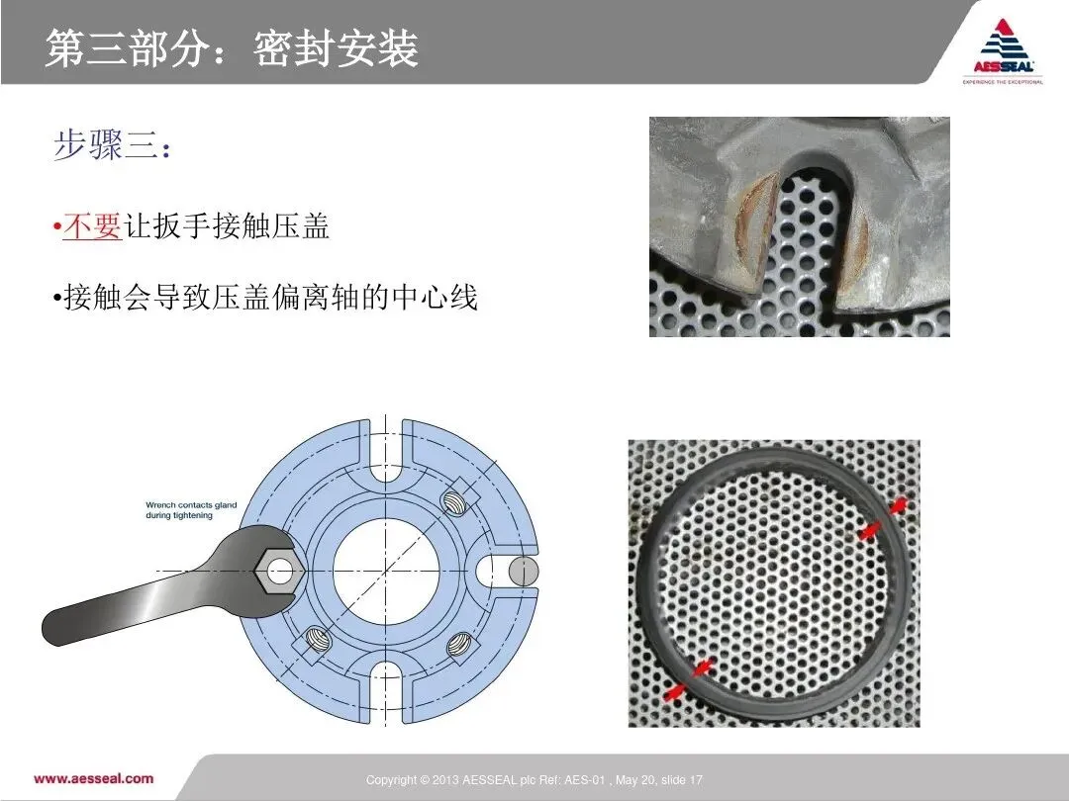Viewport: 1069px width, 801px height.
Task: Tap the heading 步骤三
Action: click(x=112, y=145)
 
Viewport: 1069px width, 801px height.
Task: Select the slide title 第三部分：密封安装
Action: click(x=232, y=49)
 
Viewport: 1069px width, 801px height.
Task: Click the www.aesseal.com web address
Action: click(x=93, y=778)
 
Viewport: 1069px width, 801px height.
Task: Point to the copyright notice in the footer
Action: click(x=534, y=780)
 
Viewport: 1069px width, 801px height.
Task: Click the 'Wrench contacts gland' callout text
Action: click(x=191, y=510)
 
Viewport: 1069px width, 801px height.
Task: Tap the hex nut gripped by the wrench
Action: click(x=279, y=571)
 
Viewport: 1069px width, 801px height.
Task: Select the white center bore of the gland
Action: click(x=386, y=571)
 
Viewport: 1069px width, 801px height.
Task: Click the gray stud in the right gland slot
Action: click(x=523, y=572)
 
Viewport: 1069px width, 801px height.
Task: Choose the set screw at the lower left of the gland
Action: click(x=318, y=640)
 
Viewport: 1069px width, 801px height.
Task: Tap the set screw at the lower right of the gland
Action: click(x=459, y=644)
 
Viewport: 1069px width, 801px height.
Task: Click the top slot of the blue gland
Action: click(x=386, y=452)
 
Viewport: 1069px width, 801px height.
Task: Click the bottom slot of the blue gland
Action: click(x=386, y=690)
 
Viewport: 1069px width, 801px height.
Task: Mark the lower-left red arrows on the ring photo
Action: click(x=688, y=679)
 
